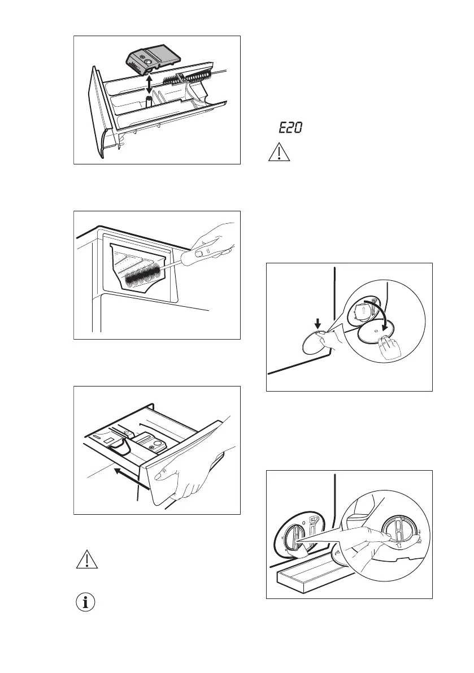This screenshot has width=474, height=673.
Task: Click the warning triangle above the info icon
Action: [x=86, y=559]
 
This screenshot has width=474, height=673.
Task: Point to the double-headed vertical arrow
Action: [x=148, y=85]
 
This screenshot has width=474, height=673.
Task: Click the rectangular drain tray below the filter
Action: [x=306, y=581]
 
